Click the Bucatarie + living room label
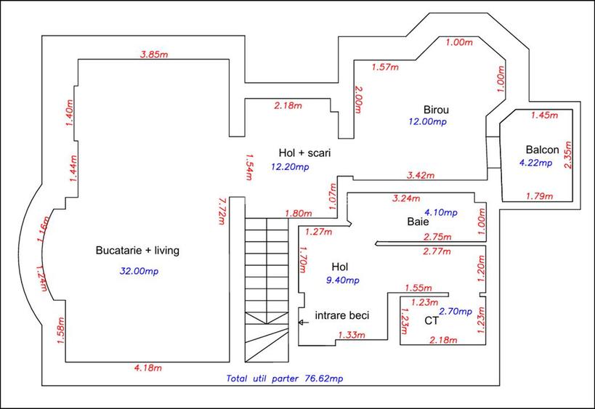137,251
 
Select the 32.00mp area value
139,271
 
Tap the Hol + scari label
304,153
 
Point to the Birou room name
436,110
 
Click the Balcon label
542,150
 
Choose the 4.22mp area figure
535,163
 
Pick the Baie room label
418,222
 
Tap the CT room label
432,320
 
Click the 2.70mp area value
456,312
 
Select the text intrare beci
342,316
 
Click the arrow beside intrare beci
303,323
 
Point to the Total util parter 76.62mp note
285,378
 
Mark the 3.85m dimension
154,54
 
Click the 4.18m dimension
148,368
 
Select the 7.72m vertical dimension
222,211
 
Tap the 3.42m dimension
421,175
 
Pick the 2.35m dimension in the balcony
567,155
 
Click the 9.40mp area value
343,280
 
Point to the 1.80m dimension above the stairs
299,214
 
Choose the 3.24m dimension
406,198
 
